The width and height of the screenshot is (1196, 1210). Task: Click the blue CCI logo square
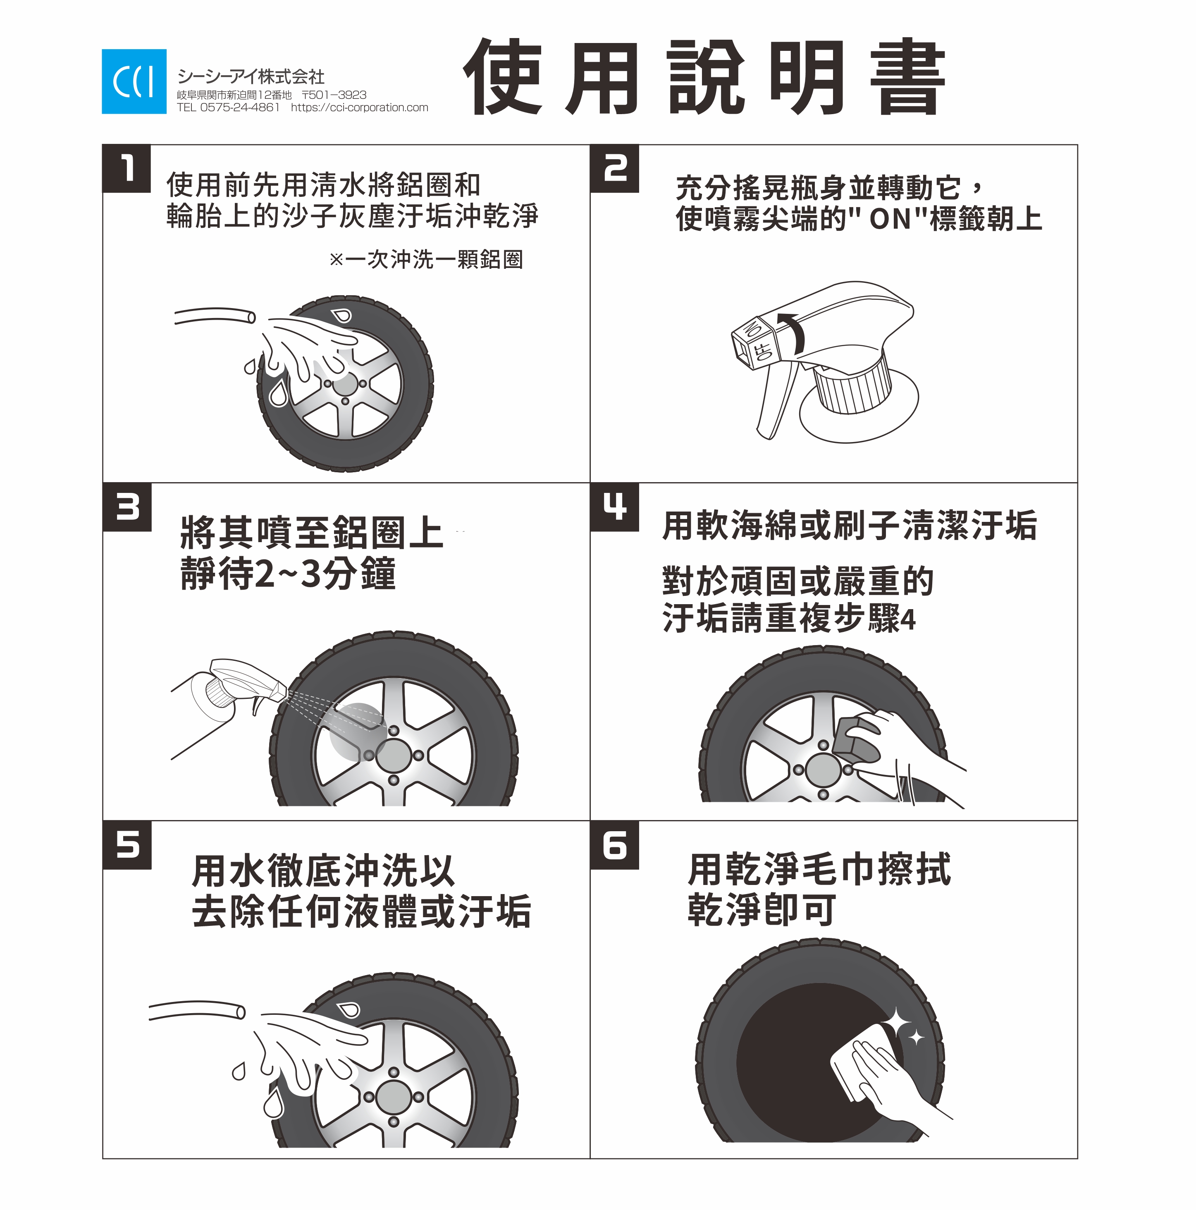click(x=134, y=81)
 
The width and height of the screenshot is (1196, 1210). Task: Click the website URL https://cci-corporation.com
click(x=359, y=108)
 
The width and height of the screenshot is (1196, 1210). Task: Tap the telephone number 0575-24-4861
click(x=240, y=108)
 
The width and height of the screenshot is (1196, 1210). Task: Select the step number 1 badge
click(x=127, y=168)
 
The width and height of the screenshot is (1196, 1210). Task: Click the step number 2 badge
click(x=615, y=168)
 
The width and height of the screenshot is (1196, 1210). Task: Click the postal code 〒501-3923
click(x=334, y=95)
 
